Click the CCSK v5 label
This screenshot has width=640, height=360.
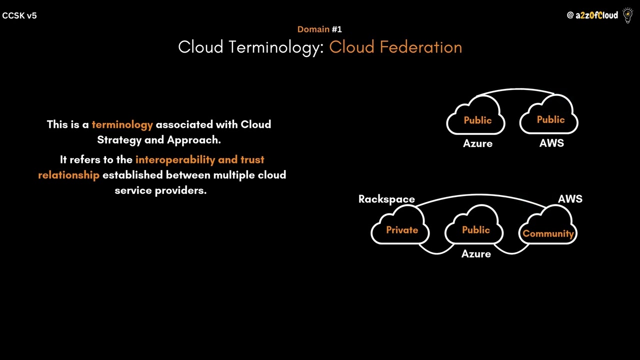(x=19, y=15)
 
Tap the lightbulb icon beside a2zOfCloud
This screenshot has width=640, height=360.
(x=627, y=15)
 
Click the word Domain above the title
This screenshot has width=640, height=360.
(x=313, y=29)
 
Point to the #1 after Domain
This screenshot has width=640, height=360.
(x=336, y=29)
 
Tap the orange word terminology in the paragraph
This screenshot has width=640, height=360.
(x=122, y=124)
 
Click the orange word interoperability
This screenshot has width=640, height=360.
(x=175, y=159)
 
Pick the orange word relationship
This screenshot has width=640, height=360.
(x=68, y=175)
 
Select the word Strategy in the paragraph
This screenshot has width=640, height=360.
(x=119, y=140)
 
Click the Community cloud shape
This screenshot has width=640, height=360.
(x=548, y=231)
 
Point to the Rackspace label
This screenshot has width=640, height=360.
(x=386, y=199)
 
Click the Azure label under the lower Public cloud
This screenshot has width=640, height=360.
(x=476, y=254)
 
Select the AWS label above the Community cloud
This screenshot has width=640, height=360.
(x=570, y=199)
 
